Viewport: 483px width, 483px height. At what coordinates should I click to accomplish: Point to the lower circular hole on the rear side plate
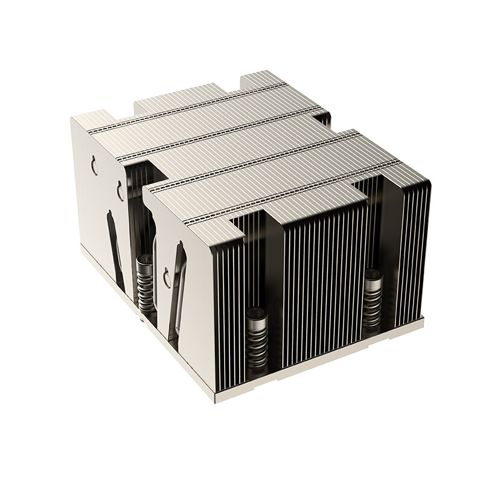(120, 192)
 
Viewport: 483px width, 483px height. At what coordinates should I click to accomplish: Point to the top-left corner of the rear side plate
(72, 118)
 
